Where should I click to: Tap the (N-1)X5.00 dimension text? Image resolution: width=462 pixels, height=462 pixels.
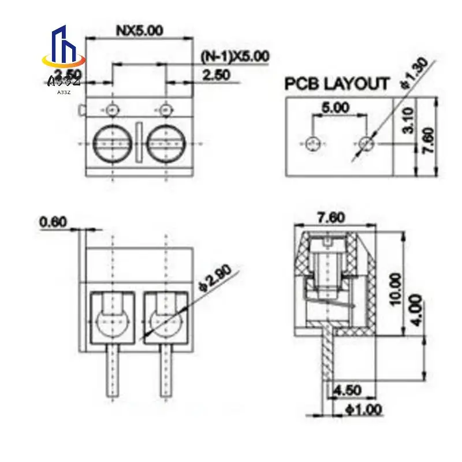234,57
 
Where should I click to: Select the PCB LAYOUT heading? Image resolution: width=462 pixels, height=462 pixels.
337,84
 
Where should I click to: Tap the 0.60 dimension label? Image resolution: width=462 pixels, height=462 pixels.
54,221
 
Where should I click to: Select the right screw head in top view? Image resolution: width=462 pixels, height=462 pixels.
166,144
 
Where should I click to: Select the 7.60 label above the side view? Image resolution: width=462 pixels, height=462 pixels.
331,218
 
